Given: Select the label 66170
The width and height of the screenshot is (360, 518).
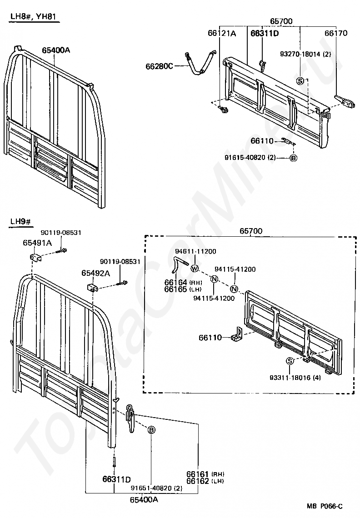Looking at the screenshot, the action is [336, 33].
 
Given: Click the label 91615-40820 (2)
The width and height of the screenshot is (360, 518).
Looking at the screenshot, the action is [256, 158].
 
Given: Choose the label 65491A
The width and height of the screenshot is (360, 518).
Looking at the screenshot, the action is [37, 243].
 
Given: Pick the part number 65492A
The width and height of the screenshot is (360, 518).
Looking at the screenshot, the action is [95, 273].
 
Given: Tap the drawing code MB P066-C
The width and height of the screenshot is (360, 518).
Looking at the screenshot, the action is [325, 506].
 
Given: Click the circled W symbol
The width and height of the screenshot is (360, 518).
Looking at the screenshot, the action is [195, 269].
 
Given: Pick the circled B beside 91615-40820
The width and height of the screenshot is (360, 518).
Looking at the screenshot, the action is [293, 158].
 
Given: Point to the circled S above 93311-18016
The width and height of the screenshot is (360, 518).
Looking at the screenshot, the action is [289, 361].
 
